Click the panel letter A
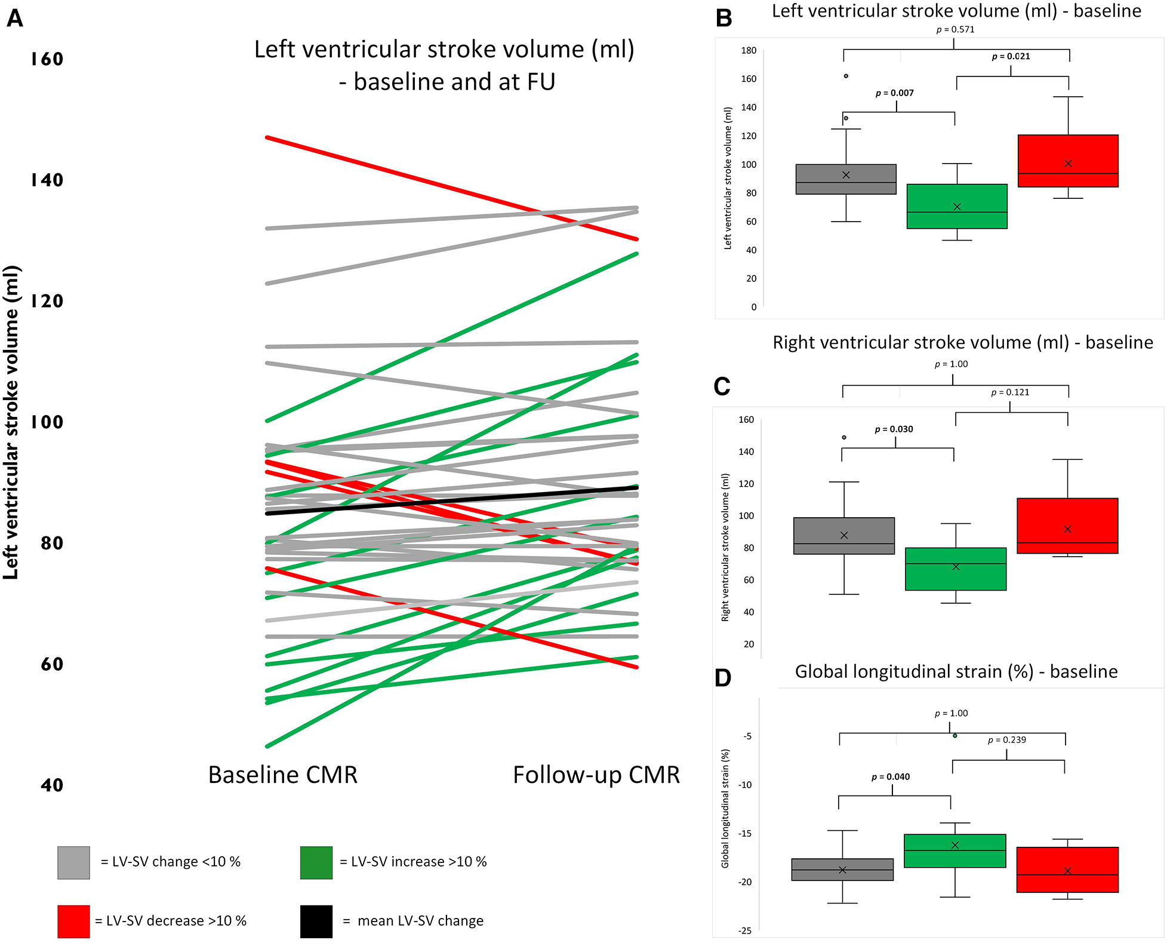click(15, 19)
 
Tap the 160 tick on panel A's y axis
click(47, 59)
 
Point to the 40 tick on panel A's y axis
click(52, 785)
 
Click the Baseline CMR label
click(282, 775)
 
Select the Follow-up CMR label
click(596, 775)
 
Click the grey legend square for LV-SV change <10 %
click(73, 862)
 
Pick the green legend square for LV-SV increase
click(316, 862)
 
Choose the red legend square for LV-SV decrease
click(73, 921)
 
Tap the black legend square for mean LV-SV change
click(316, 921)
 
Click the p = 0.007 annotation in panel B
click(894, 93)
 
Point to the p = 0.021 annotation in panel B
click(1011, 57)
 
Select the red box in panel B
click(1068, 161)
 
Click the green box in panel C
click(956, 569)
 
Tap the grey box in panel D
click(842, 870)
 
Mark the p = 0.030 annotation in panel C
click(894, 429)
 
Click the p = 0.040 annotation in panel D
click(891, 777)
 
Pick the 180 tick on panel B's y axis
click(749, 51)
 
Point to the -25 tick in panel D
click(744, 930)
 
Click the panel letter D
click(723, 678)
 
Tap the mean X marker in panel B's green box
click(957, 207)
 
